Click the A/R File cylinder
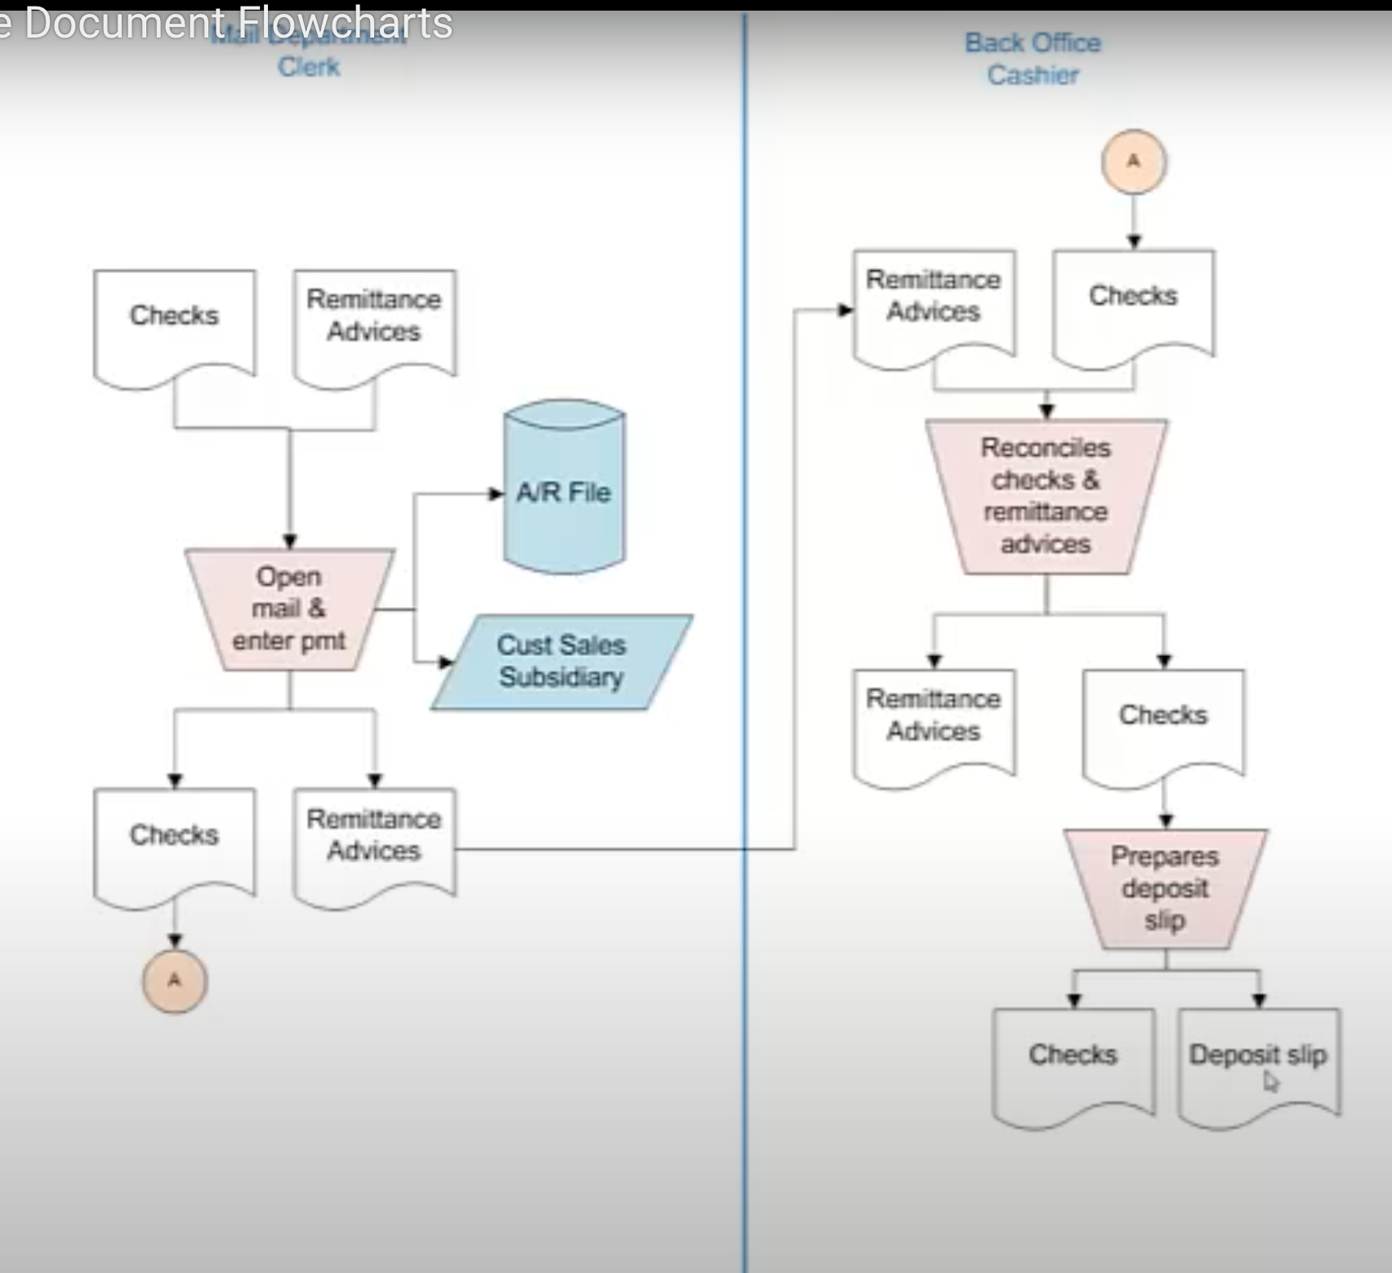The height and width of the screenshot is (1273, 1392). tap(564, 490)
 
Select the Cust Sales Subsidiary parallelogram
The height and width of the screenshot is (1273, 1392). tap(562, 661)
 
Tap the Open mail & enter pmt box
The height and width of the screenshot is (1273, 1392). tap(289, 609)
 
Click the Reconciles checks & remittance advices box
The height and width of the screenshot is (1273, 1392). tap(1046, 496)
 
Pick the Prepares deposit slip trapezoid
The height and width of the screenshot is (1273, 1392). tap(1165, 888)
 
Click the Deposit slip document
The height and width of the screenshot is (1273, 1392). tap(1258, 1062)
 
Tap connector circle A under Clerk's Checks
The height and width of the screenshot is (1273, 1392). tap(175, 980)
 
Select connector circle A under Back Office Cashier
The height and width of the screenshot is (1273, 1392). tap(1134, 162)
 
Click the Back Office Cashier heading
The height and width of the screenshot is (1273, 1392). tap(1033, 59)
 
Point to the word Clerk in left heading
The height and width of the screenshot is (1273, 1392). tap(309, 67)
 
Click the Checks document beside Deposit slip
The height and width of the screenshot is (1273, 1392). tap(1073, 1062)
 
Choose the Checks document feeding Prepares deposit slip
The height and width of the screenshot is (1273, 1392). tap(1163, 723)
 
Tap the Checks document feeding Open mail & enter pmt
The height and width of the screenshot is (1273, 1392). tap(175, 323)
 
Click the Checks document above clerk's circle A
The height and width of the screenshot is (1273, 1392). tap(175, 842)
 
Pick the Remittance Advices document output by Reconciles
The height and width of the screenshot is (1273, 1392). tap(934, 723)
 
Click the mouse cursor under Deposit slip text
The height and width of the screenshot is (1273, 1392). tap(1270, 1082)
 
